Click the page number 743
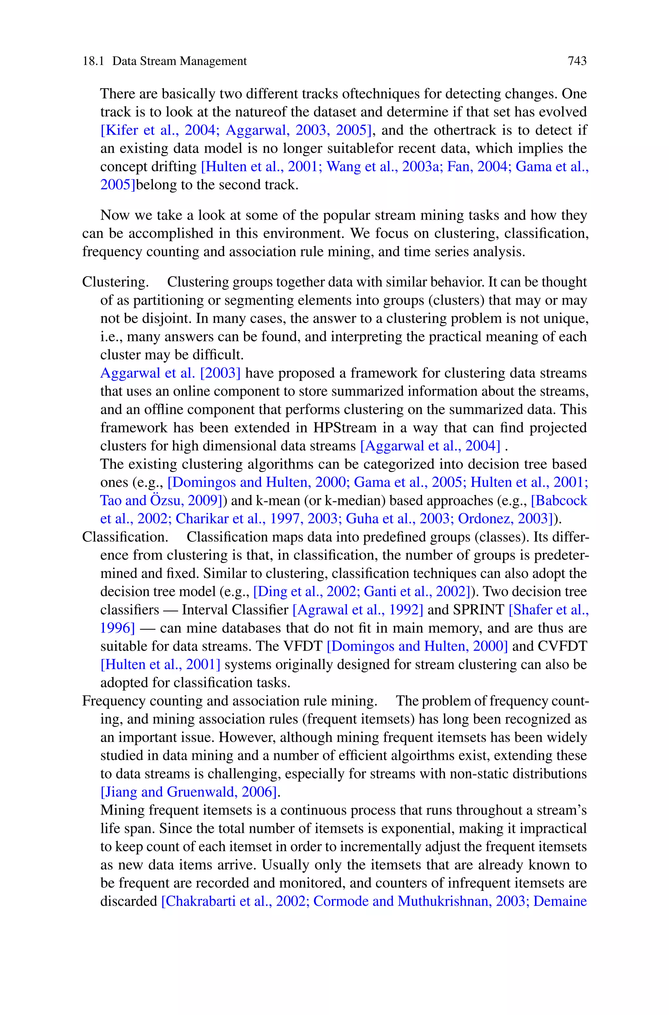[577, 61]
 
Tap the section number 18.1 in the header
[93, 61]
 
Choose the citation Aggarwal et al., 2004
[430, 446]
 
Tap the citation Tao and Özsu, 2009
[160, 500]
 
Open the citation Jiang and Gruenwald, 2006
[190, 792]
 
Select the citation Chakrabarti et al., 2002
[235, 901]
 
